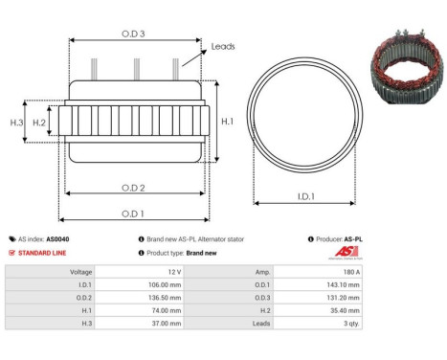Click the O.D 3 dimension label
click(134, 34)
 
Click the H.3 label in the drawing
click(16, 123)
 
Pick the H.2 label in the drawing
click(39, 123)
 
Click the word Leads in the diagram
click(222, 46)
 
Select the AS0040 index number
click(57, 239)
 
